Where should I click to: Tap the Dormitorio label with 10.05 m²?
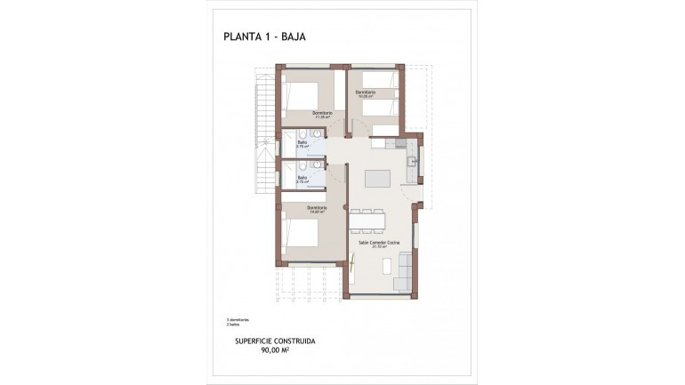tap(365, 93)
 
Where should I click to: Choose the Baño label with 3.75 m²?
tap(302, 145)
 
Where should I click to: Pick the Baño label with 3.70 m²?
tap(302, 179)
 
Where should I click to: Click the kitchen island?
tap(377, 172)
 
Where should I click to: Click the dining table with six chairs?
tap(367, 218)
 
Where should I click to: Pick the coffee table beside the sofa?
tap(388, 265)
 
